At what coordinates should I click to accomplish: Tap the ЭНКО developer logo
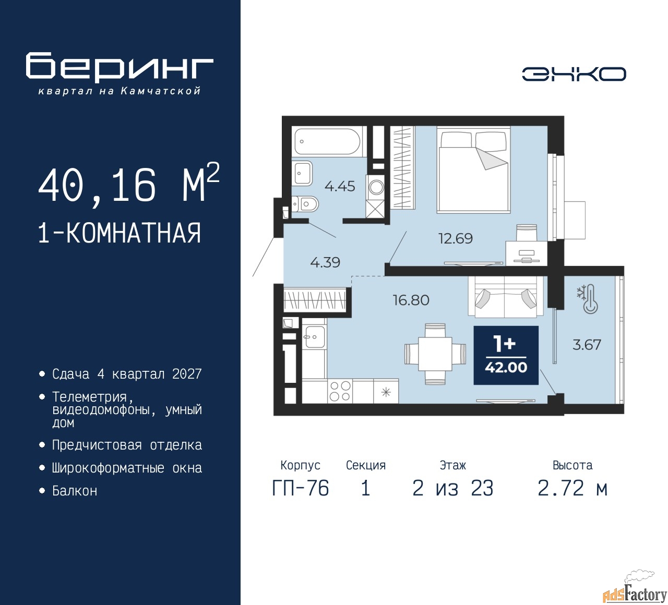574,74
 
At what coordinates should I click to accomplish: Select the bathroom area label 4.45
340,186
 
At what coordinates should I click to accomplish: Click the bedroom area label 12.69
455,238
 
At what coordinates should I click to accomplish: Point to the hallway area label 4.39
325,262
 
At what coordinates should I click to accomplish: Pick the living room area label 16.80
411,300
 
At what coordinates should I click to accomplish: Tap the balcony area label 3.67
587,345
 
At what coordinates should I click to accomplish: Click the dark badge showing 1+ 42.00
506,355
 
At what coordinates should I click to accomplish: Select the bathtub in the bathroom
327,142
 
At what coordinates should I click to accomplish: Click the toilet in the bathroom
305,203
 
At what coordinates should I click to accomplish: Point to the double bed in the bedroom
473,170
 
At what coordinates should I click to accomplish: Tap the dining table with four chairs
435,354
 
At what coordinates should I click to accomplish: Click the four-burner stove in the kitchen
340,391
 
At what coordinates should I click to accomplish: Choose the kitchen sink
314,336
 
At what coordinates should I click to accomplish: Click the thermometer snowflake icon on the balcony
588,299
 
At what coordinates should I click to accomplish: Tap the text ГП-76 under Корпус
301,489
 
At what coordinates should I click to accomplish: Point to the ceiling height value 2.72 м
572,489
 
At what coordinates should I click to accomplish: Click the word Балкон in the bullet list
75,491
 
